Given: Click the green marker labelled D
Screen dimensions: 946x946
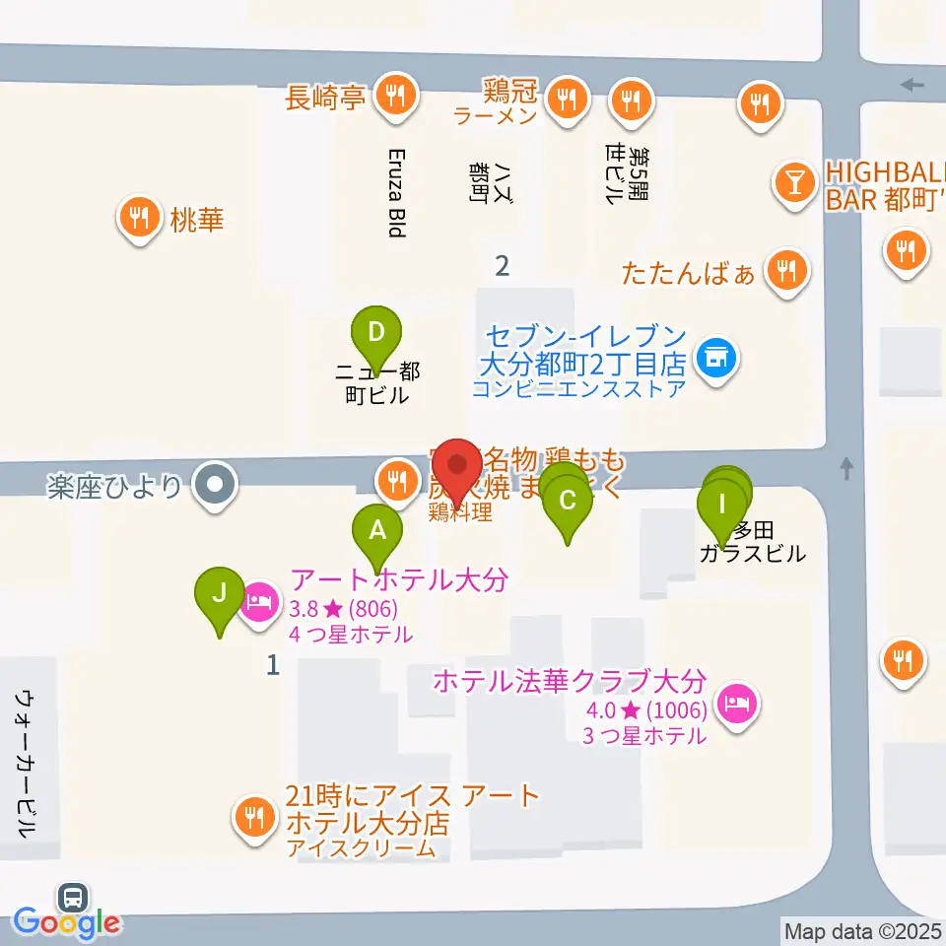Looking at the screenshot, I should [x=375, y=332].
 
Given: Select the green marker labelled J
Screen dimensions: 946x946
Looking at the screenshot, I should [x=220, y=593].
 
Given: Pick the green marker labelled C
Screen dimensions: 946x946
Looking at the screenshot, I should [x=567, y=500].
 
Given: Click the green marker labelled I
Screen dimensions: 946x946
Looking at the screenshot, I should [x=721, y=505].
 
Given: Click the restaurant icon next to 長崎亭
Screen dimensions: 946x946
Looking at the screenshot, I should [x=396, y=96].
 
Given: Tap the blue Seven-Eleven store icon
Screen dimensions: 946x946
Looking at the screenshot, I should [x=714, y=357].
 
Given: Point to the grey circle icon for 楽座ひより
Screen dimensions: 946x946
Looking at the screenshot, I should [x=214, y=485].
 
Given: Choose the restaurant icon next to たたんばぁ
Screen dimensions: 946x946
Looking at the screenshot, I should [x=786, y=267].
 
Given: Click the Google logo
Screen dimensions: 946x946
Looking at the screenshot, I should [x=67, y=923].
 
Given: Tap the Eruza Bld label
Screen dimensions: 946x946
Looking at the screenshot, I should [x=396, y=193].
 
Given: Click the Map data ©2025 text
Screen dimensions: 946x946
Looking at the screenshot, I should [x=863, y=930].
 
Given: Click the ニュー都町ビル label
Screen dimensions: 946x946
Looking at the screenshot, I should [x=377, y=383].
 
